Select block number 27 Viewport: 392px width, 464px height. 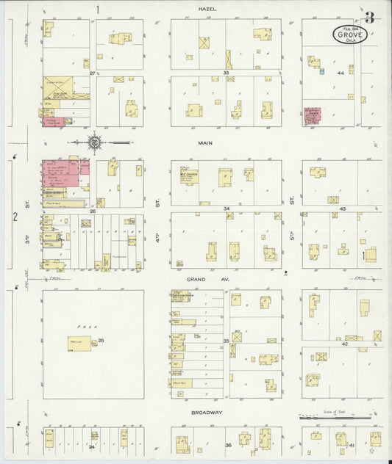tap(93, 73)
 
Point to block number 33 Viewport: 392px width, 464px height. tap(227, 73)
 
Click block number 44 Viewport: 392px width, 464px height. tap(341, 73)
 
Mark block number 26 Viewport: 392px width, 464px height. tap(93, 211)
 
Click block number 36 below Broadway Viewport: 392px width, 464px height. tap(228, 446)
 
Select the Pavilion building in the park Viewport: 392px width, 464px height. tap(80, 344)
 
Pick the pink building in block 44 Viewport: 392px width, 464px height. tap(313, 117)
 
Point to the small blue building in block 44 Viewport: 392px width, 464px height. tap(321, 71)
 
